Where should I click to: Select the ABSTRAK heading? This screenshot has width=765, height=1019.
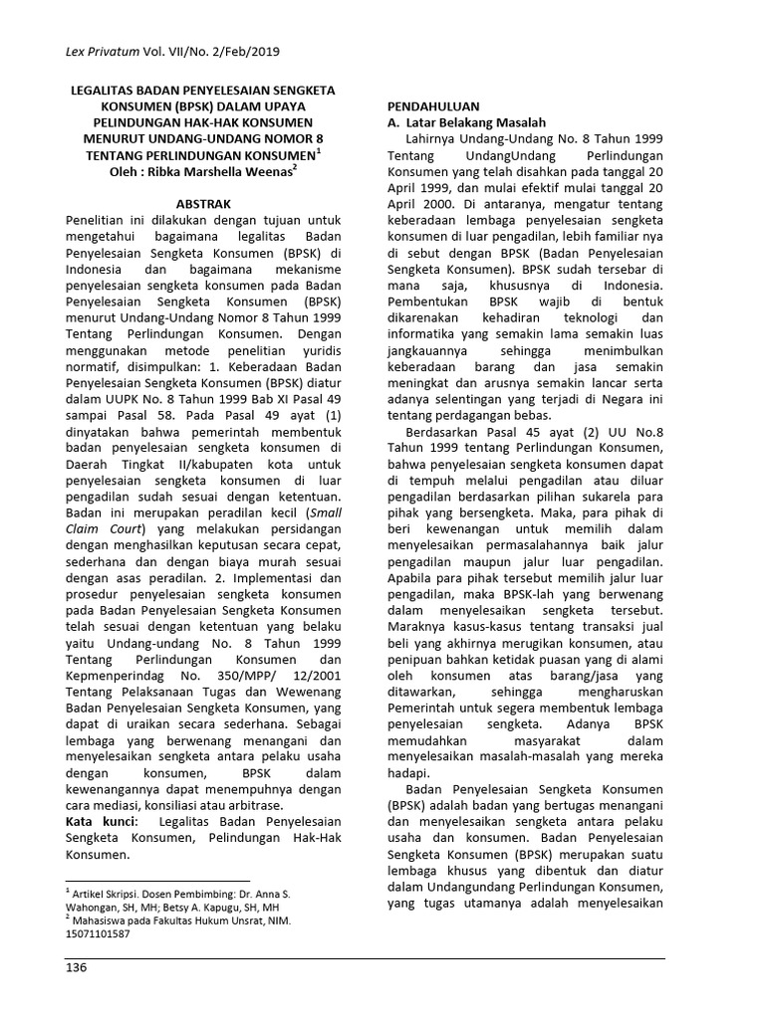[x=203, y=202]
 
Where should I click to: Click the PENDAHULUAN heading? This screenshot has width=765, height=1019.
[x=434, y=105]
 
